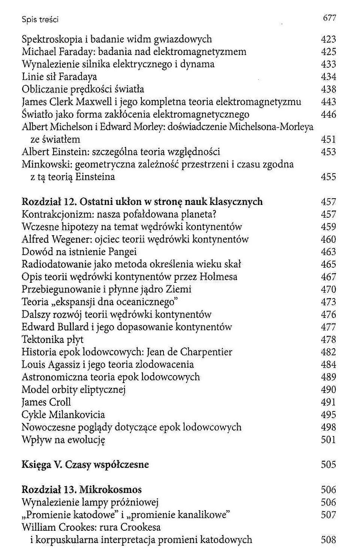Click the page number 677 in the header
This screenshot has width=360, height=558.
329,18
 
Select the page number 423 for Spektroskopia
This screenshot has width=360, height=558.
328,39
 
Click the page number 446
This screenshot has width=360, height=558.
328,114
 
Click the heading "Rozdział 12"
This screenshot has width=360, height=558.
49,202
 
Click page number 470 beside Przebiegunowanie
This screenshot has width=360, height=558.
328,289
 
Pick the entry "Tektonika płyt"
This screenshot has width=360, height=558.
52,340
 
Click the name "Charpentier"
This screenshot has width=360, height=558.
206,352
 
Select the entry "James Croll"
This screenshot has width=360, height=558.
46,402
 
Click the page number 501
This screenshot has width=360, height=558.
328,440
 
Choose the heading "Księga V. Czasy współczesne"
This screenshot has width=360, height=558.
85,465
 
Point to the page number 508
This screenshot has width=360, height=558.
328,540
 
